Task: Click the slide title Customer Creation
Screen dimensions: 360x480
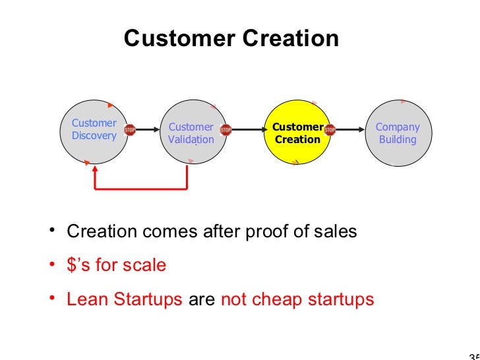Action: point(231,38)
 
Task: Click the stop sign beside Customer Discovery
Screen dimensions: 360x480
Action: point(130,130)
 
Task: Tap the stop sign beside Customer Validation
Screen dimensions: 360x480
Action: point(226,130)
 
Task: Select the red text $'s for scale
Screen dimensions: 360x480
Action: point(116,266)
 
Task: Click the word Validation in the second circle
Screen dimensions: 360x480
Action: point(191,140)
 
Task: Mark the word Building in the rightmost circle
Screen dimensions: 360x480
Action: point(398,140)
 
